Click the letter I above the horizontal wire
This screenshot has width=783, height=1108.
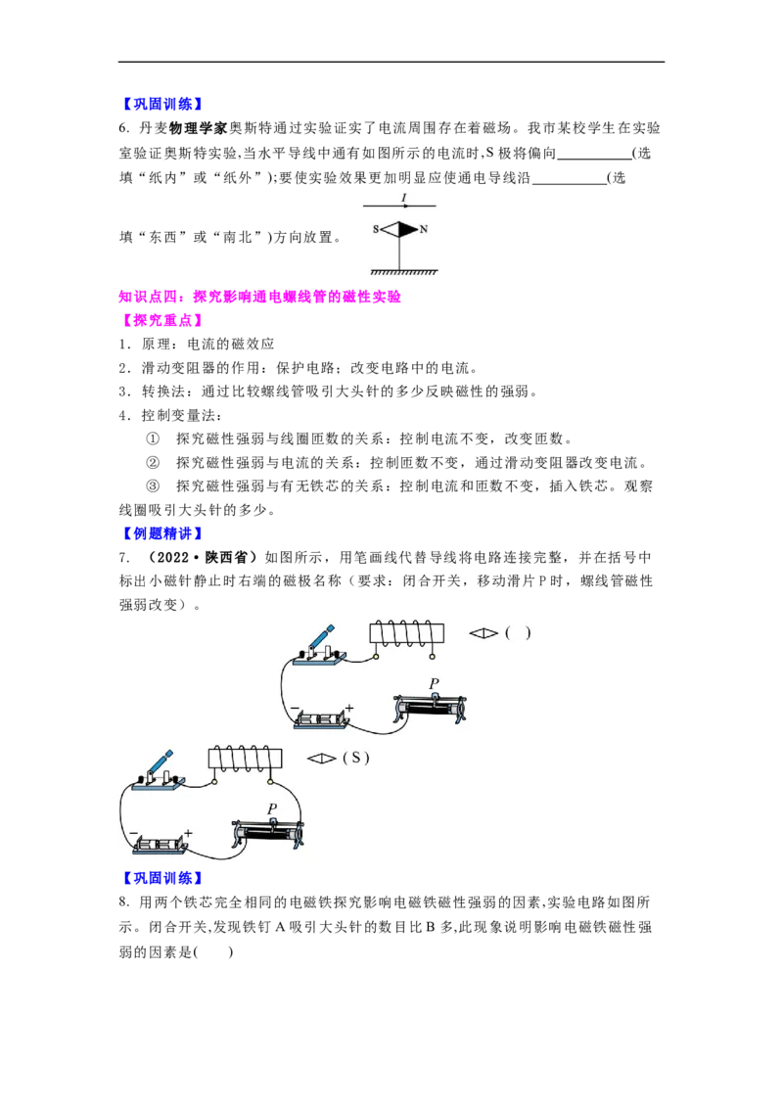point(403,198)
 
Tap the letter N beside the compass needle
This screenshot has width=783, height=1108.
point(423,229)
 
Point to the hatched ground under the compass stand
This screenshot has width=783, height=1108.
point(403,272)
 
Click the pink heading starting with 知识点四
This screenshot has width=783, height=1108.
point(260,297)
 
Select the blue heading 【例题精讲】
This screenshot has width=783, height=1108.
point(161,533)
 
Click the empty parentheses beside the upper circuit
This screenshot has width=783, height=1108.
point(518,633)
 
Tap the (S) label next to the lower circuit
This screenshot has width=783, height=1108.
point(355,758)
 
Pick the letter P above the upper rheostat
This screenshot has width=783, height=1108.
point(434,683)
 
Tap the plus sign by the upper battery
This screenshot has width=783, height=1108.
point(349,707)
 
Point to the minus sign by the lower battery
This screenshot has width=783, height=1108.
point(133,833)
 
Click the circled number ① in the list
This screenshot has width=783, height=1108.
point(153,439)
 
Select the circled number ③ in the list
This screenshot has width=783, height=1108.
point(153,486)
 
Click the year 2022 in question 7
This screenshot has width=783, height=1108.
point(171,558)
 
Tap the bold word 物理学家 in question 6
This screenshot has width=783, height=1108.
point(198,128)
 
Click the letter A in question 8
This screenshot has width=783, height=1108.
point(280,927)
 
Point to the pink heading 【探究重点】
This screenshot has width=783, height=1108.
point(161,320)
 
